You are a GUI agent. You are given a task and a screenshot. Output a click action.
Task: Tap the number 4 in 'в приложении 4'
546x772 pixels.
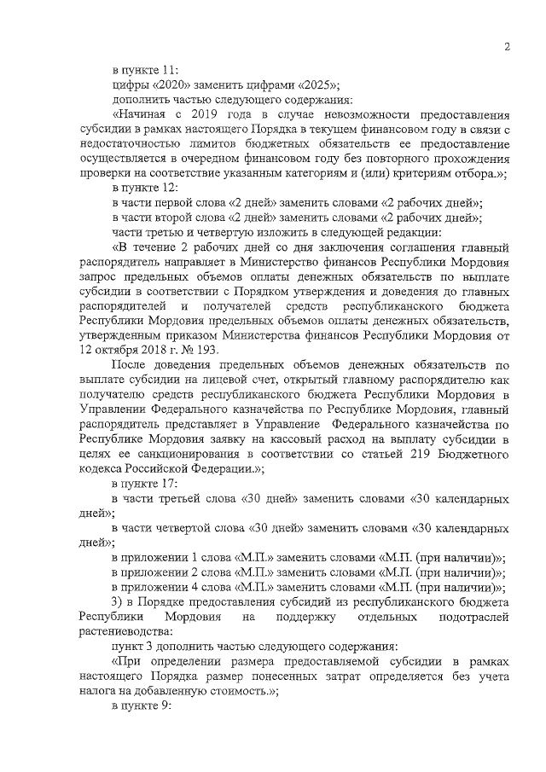point(195,587)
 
